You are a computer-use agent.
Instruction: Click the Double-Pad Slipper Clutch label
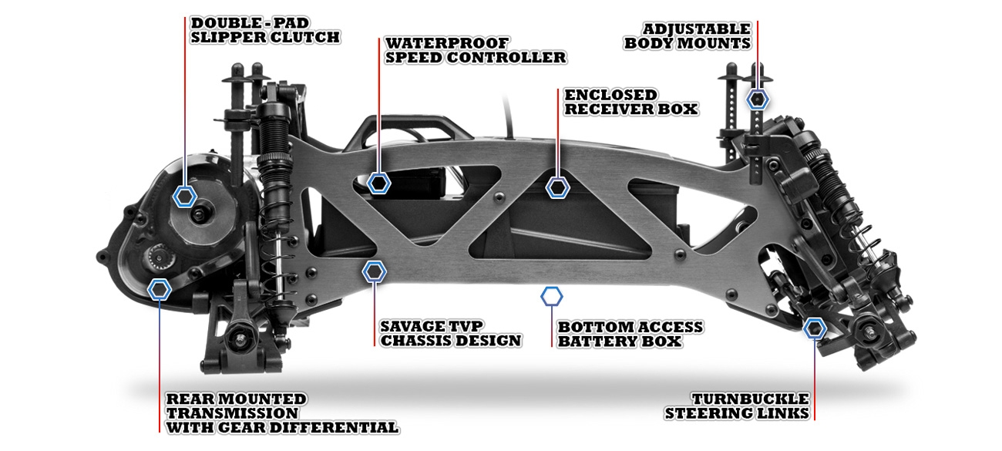point(265,30)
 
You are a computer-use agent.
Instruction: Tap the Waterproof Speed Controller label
point(476,50)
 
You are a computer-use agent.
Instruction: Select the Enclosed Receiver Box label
point(630,102)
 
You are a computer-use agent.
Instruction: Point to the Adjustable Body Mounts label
point(688,36)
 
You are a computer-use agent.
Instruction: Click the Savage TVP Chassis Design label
point(451,333)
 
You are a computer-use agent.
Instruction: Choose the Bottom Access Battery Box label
point(630,334)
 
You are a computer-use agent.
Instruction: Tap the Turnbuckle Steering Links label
point(737,406)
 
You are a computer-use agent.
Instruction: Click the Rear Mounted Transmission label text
point(282,413)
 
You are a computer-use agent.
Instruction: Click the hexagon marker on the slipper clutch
point(184,196)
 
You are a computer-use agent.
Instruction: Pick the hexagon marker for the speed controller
point(378,183)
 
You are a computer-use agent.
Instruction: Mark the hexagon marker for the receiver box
point(557,187)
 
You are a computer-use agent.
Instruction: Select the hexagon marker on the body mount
point(758,99)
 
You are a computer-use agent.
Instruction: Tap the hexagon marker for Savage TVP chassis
point(375,271)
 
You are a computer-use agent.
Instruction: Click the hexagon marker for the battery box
point(552,296)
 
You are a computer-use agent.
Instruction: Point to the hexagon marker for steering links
point(815,328)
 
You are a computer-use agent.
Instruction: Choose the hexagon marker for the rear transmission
point(160,289)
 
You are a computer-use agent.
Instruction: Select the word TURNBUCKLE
point(750,399)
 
